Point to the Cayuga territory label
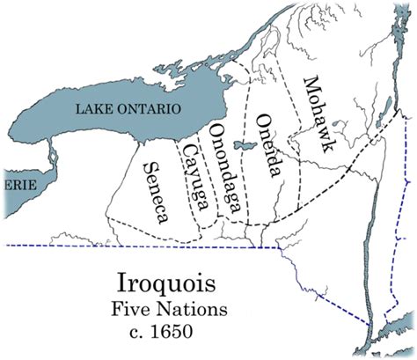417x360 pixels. (194, 178)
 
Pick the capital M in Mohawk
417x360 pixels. (310, 85)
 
